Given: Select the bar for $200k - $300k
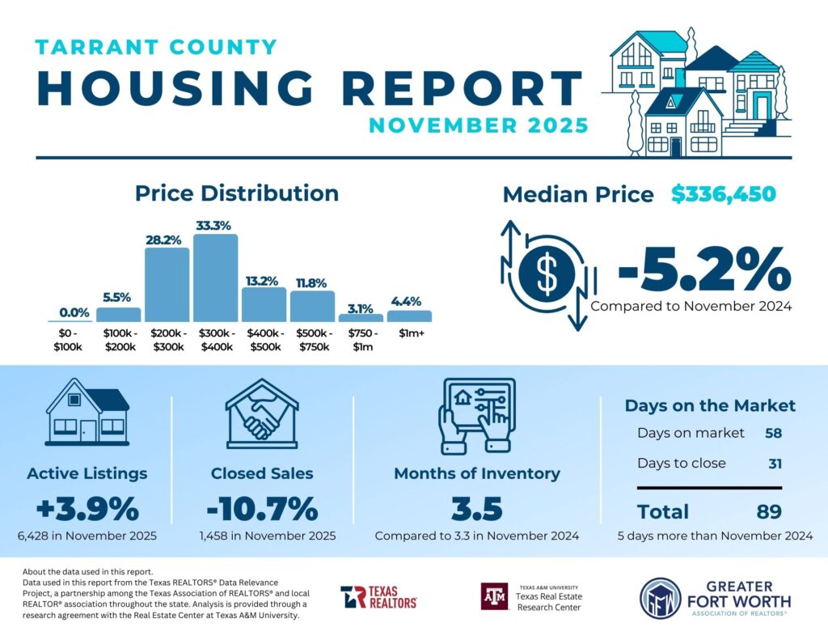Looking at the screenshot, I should tap(167, 285).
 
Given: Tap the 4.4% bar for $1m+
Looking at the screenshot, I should tap(409, 316).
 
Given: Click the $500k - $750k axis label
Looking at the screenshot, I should tap(312, 341).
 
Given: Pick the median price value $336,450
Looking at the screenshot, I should tap(723, 194).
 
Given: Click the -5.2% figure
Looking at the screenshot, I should tap(703, 269).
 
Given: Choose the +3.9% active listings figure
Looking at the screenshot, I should tap(87, 510).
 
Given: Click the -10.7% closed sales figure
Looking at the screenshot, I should tap(262, 510).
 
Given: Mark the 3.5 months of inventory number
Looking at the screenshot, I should tap(476, 510).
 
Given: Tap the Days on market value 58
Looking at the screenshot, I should tap(774, 433).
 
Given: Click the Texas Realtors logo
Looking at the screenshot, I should tap(378, 597).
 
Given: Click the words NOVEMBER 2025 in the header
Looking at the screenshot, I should tap(478, 125).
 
